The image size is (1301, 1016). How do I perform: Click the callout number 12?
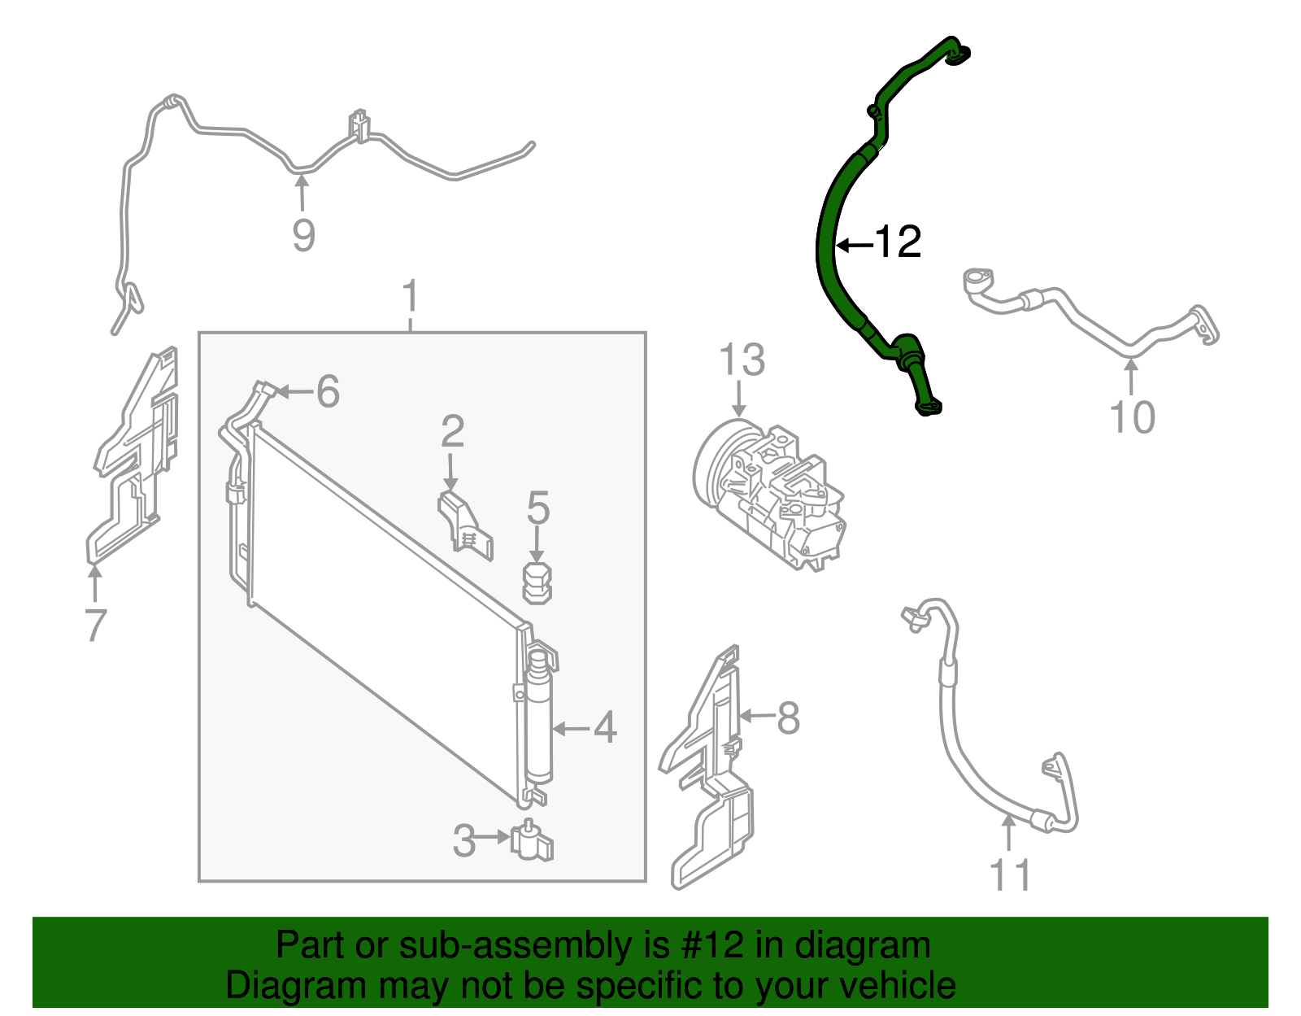click(898, 242)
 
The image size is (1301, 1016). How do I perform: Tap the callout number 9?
click(303, 235)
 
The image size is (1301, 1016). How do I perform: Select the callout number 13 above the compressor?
click(742, 360)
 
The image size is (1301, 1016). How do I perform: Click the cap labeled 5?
click(537, 581)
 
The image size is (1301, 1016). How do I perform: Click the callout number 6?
click(327, 392)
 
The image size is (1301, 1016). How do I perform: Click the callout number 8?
click(788, 717)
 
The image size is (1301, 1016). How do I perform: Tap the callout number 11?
click(1009, 876)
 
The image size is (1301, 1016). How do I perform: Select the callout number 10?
click(1132, 417)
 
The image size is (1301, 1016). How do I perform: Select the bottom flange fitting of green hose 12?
click(929, 406)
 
